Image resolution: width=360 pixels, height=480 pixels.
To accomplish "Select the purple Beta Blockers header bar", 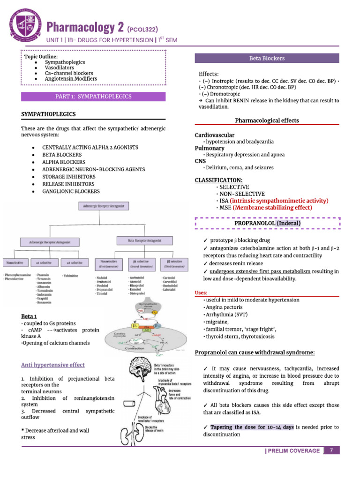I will [267, 59].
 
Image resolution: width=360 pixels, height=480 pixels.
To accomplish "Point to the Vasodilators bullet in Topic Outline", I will [59, 67].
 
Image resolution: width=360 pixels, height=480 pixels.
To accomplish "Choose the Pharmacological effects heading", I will [267, 120].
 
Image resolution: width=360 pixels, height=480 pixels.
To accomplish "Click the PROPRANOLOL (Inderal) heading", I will [267, 223].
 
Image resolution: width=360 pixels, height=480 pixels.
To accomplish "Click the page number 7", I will [332, 450].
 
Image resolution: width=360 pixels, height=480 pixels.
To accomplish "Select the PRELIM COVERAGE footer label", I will [293, 451].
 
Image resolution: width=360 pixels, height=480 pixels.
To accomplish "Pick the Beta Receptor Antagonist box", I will [145, 240].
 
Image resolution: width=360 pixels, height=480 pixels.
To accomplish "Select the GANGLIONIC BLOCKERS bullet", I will [71, 191].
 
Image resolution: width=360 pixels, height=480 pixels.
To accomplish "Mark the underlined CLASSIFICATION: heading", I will [218, 180].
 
